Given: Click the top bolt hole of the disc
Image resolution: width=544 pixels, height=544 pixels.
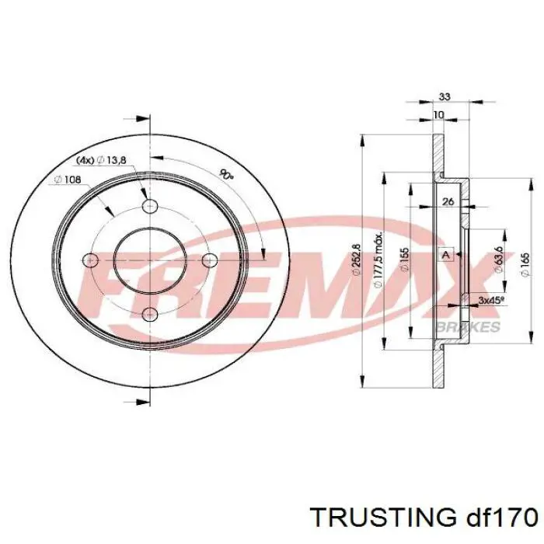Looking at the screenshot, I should [x=150, y=205].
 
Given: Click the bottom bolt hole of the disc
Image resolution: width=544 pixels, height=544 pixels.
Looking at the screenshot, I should [x=150, y=313].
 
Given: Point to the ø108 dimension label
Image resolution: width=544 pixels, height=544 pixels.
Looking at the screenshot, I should [x=68, y=180].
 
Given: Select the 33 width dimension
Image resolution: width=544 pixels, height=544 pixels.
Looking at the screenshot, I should [x=445, y=97].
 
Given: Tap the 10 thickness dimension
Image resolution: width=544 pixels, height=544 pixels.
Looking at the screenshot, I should [x=439, y=115].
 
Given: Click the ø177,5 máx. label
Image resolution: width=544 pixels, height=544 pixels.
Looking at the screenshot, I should [x=378, y=260].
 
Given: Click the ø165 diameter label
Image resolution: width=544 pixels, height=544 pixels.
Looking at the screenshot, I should [x=525, y=262].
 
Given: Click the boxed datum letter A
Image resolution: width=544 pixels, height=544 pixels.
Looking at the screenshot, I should [x=446, y=254].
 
